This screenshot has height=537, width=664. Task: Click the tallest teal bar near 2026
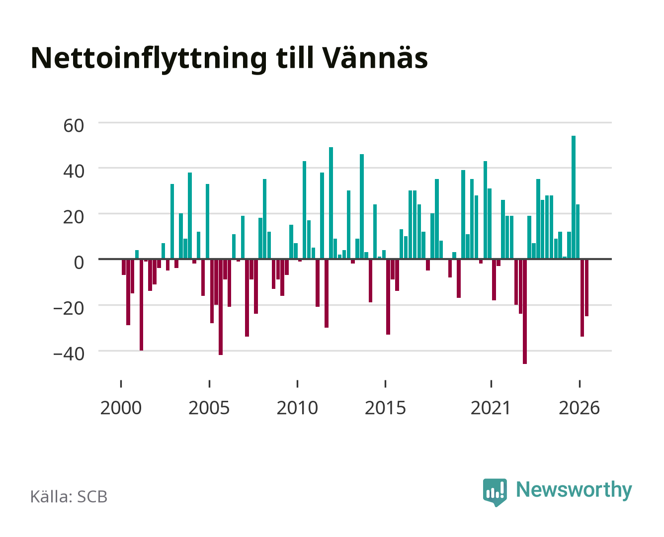pyautogui.click(x=573, y=197)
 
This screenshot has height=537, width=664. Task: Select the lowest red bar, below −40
pyautogui.click(x=525, y=311)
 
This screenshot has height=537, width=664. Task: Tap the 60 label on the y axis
pyautogui.click(x=74, y=126)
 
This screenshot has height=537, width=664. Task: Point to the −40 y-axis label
pyautogui.click(x=69, y=354)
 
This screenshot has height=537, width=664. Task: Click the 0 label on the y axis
pyautogui.click(x=79, y=263)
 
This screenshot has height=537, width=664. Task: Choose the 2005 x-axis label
pyautogui.click(x=209, y=408)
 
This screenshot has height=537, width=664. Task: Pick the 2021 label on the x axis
pyautogui.click(x=491, y=408)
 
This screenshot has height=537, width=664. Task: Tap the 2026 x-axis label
pyautogui.click(x=579, y=408)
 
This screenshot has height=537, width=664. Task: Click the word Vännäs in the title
pyautogui.click(x=375, y=58)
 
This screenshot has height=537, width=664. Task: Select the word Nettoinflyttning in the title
pyautogui.click(x=149, y=60)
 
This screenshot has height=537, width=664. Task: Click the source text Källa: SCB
pyautogui.click(x=69, y=496)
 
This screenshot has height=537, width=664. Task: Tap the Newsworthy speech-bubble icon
pyautogui.click(x=495, y=492)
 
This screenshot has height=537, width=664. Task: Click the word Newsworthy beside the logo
pyautogui.click(x=574, y=490)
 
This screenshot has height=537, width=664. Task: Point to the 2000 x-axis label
pyautogui.click(x=121, y=408)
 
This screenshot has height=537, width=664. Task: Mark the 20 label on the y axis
pyautogui.click(x=74, y=217)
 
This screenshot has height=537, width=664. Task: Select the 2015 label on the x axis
pyautogui.click(x=385, y=408)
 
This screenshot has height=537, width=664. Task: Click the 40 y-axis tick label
pyautogui.click(x=74, y=172)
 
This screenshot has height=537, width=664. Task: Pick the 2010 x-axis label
pyautogui.click(x=297, y=408)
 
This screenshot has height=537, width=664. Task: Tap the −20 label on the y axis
pyautogui.click(x=69, y=309)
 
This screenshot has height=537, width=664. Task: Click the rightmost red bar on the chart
pyautogui.click(x=586, y=287)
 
